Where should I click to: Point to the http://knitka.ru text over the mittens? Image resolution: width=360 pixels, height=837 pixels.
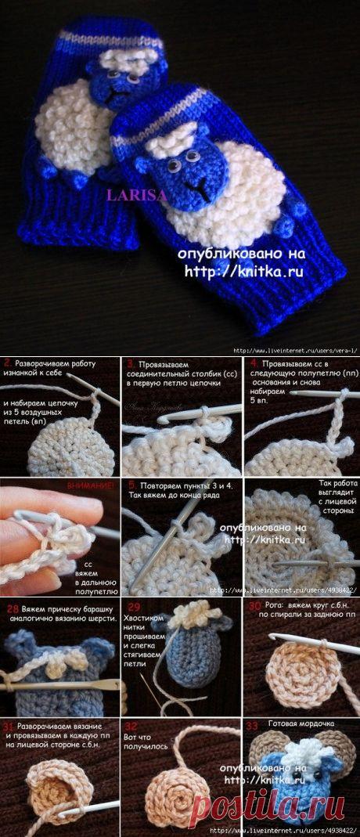pyautogui.click(x=243, y=272)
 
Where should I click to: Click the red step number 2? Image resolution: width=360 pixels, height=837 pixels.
pyautogui.click(x=7, y=363)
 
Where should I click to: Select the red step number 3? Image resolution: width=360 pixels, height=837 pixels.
pyautogui.click(x=129, y=364)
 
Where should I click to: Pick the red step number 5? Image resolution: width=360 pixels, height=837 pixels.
pyautogui.click(x=130, y=484)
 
